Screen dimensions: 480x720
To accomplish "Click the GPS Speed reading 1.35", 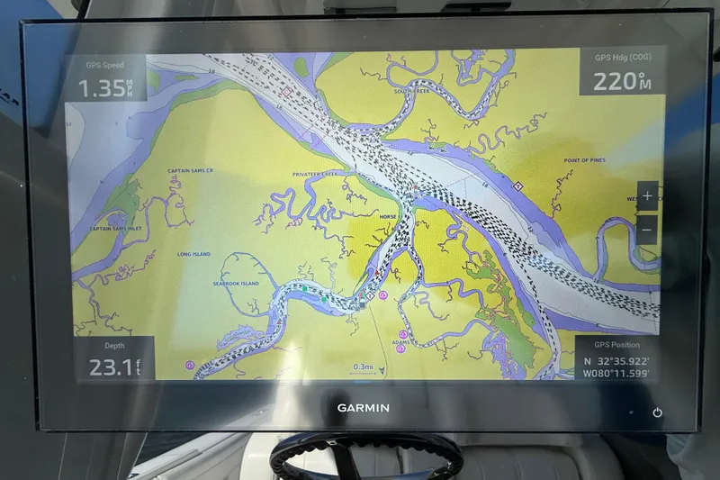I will point(101,88).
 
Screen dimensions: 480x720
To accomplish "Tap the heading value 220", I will point(615,82).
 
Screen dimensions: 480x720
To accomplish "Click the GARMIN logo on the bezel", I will point(363,408).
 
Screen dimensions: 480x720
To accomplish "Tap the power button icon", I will point(658,412).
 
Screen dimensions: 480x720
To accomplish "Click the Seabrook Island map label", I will point(237,284).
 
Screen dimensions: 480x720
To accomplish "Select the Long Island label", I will point(193,254).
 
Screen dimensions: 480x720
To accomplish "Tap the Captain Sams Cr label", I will point(190,170).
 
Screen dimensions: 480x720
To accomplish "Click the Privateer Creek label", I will point(313,174).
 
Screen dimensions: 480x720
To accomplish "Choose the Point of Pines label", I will point(583,160).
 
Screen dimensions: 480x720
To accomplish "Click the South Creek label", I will point(411,91).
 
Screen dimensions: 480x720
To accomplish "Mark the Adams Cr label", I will point(406,342).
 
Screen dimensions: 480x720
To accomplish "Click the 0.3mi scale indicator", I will point(363,367).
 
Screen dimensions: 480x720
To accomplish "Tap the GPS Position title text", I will point(616,345).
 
